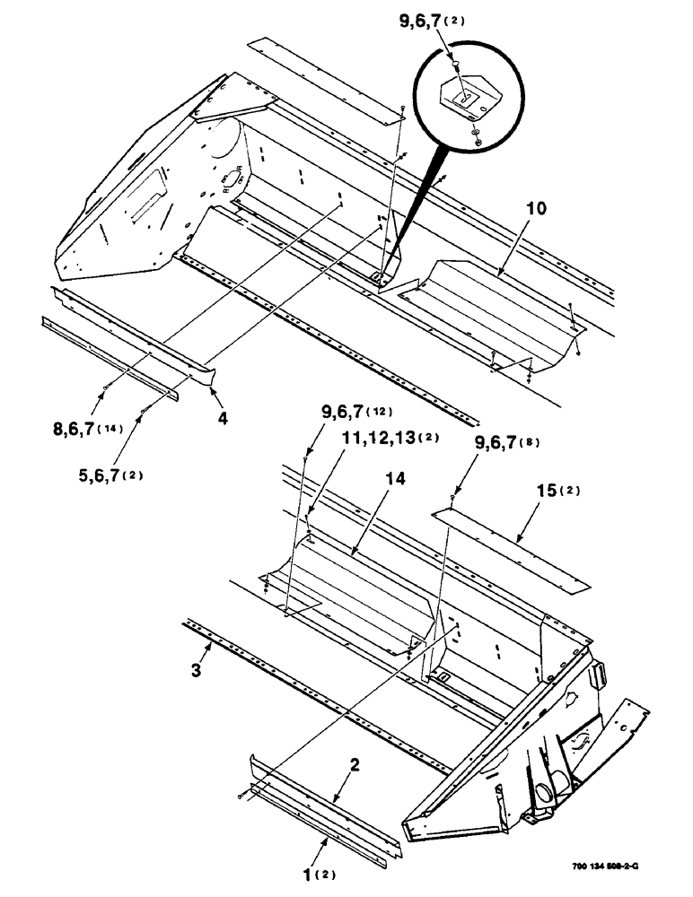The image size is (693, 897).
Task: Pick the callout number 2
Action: click(355, 765)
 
